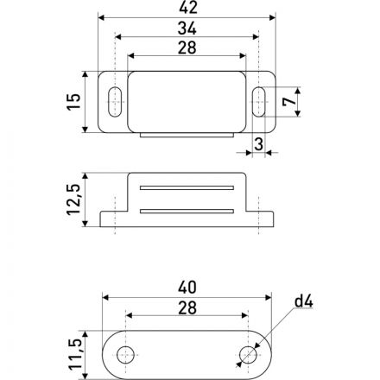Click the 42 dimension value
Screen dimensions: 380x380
pos(187,9)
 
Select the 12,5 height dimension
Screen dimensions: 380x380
pos(75,200)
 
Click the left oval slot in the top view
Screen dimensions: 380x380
pos(114,102)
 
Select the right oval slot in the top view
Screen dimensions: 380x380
pos(259,102)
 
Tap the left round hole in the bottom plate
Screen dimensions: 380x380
pos(126,353)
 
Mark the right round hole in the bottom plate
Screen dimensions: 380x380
pos(248,353)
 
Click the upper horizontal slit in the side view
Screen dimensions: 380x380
pos(187,187)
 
